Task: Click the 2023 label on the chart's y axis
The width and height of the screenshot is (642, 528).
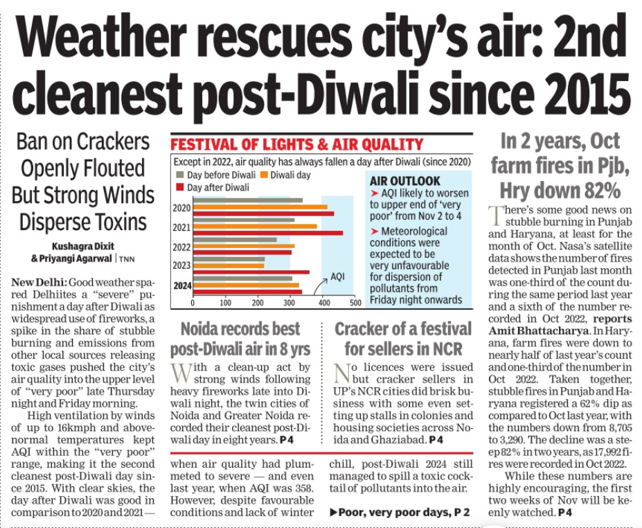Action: click(181, 265)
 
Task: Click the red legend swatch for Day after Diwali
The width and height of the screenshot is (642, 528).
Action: click(181, 187)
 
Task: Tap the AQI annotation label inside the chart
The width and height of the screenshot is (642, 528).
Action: click(337, 276)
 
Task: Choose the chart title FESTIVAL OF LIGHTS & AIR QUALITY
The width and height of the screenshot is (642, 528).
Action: click(296, 144)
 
